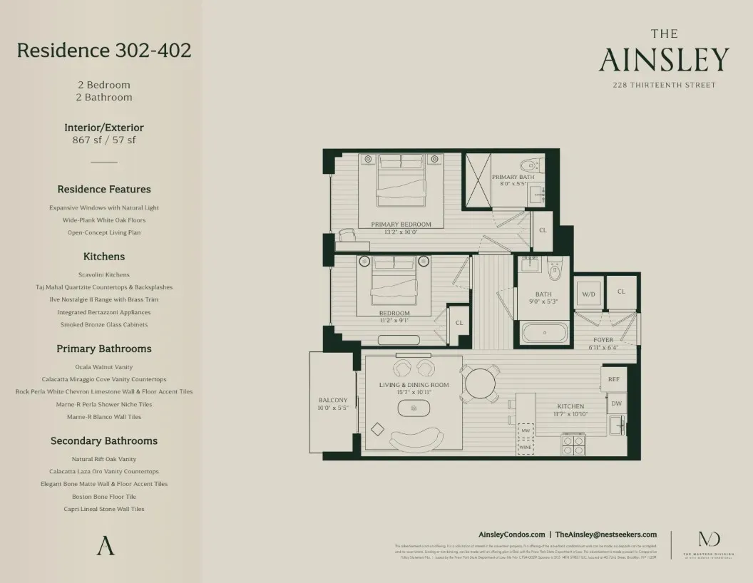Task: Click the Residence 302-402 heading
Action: pyautogui.click(x=104, y=51)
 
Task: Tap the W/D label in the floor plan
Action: pyautogui.click(x=588, y=293)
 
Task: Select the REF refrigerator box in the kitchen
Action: pyautogui.click(x=613, y=380)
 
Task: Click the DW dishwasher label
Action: pyautogui.click(x=616, y=403)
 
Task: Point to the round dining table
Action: pyautogui.click(x=480, y=384)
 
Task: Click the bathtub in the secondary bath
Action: pyautogui.click(x=544, y=333)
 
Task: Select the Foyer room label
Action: pyautogui.click(x=603, y=340)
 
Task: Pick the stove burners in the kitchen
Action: pyautogui.click(x=574, y=445)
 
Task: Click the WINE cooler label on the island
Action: pyautogui.click(x=525, y=447)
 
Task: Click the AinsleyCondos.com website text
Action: pyautogui.click(x=511, y=534)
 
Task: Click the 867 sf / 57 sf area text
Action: pyautogui.click(x=104, y=140)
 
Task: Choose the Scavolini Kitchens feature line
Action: pyautogui.click(x=104, y=274)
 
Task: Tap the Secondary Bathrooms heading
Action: pyautogui.click(x=104, y=441)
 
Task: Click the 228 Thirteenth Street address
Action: pyautogui.click(x=664, y=86)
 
